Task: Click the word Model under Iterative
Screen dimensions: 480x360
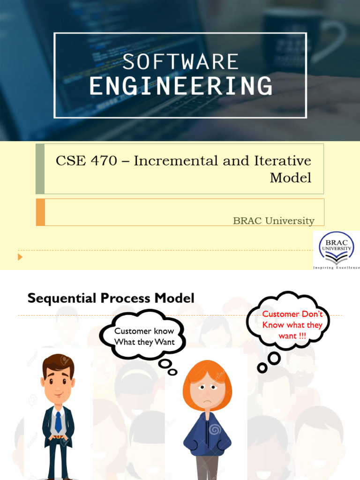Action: (290, 178)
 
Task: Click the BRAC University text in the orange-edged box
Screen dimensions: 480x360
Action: (273, 221)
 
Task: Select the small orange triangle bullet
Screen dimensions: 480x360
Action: (20, 257)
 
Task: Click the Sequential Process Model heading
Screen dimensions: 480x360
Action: (111, 298)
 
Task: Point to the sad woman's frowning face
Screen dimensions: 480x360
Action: (207, 391)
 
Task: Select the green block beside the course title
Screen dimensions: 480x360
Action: (40, 169)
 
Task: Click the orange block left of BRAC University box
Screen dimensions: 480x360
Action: (40, 212)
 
